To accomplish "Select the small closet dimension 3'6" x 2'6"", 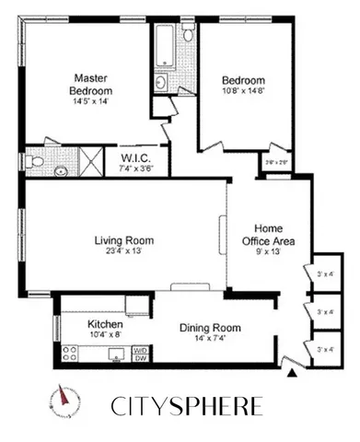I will point(275,162).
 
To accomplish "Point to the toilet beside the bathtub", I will point(187,34).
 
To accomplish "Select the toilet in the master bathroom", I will point(34,160).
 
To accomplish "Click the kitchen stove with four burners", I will point(69,352).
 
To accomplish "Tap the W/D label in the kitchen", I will point(140,350).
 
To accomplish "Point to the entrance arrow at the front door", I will point(293,373).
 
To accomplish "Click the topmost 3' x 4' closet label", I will point(324,273).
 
